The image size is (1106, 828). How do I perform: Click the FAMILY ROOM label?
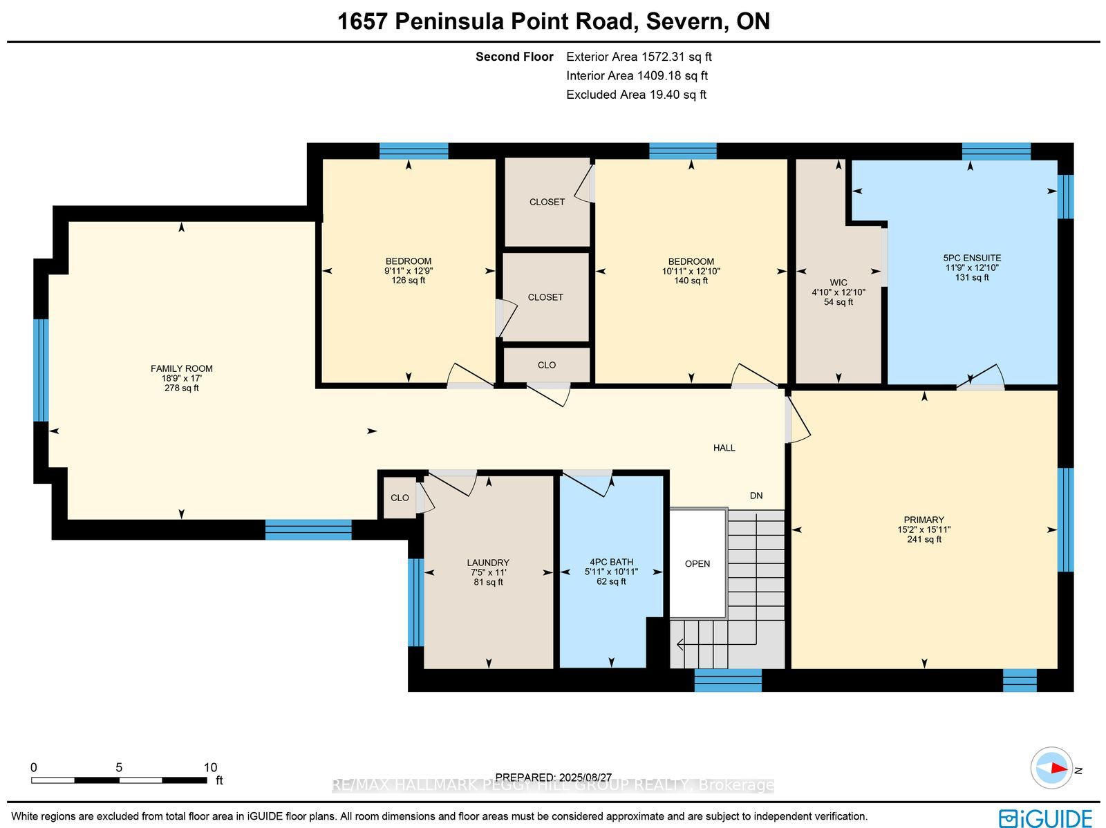coord(181,368)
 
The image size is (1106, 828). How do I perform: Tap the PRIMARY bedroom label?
coord(924,520)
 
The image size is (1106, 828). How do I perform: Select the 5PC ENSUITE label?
coord(972,258)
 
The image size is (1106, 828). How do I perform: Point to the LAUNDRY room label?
coord(488,563)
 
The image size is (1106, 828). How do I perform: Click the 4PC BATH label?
coord(611,562)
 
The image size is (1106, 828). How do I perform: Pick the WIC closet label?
coord(838,283)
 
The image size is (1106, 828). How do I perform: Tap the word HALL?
coord(724,448)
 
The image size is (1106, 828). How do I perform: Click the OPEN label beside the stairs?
coord(697,563)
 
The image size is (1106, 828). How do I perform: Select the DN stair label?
coord(756,496)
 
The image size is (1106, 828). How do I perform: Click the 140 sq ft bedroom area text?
coord(691,281)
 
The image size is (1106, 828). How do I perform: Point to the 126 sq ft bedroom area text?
coord(408,280)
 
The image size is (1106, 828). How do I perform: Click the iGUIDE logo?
coord(1046,818)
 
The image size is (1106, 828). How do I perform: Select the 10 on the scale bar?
coord(210,767)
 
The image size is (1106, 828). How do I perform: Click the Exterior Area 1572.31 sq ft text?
coord(639,57)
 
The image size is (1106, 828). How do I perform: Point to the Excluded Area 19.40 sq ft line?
coord(636,95)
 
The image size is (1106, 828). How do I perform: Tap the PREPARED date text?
coord(553,778)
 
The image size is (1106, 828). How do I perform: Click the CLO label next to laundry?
coord(400,498)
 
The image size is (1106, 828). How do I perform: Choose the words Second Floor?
coord(514,57)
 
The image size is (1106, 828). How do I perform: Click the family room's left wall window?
coord(41,370)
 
